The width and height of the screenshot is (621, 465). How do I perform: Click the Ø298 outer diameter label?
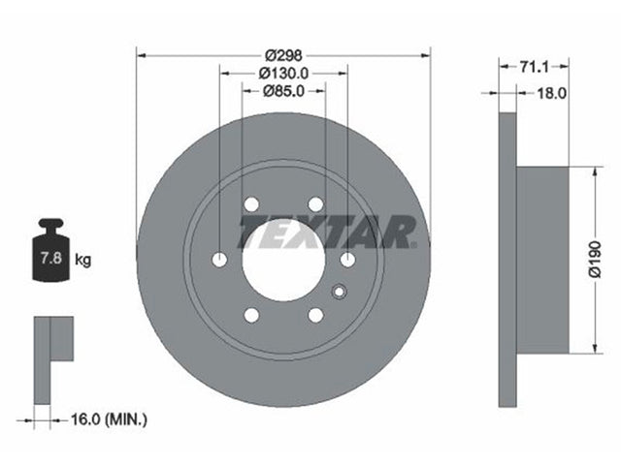coord(283,55)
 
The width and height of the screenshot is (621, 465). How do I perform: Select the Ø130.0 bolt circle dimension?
coord(283,74)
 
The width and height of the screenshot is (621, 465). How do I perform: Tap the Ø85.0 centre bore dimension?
coord(283,91)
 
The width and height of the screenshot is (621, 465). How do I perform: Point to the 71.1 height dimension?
coord(535,67)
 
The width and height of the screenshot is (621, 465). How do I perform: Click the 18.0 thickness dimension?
coord(551,93)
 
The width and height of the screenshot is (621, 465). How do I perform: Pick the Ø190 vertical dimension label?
coord(595,259)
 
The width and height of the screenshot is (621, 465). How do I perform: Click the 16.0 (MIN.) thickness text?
coord(109,419)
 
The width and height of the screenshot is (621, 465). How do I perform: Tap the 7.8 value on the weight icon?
coord(51,259)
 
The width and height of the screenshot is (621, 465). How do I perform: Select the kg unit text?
coord(83,260)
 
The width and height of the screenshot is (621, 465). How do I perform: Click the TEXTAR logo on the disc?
coord(327,232)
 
